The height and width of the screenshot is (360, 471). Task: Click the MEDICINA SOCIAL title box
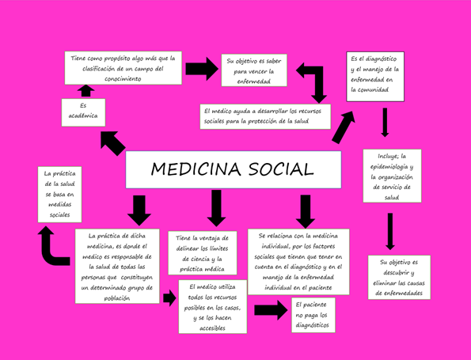click(x=233, y=169)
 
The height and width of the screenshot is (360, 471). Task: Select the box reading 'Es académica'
click(x=83, y=112)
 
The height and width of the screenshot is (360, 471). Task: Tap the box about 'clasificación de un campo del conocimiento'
click(x=123, y=68)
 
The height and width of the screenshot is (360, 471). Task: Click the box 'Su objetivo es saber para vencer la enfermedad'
click(x=254, y=70)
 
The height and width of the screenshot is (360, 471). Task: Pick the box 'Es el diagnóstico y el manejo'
click(x=375, y=77)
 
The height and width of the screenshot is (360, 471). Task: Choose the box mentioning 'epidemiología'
click(x=392, y=176)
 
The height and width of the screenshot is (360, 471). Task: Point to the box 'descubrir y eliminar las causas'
click(x=399, y=277)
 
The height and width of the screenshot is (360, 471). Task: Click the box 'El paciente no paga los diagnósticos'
click(x=313, y=315)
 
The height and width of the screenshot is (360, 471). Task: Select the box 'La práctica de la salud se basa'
click(x=60, y=195)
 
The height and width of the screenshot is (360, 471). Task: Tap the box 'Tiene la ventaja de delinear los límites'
click(x=203, y=253)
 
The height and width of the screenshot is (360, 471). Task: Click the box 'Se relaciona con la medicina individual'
click(x=298, y=262)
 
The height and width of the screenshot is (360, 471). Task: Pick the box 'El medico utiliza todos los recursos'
click(x=213, y=306)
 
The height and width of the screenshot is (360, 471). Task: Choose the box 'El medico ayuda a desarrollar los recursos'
click(x=265, y=116)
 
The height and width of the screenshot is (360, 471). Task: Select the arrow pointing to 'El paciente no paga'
click(x=271, y=310)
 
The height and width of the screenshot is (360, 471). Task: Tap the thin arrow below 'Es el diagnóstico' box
click(x=385, y=123)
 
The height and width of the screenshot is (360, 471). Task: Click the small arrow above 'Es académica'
click(x=86, y=91)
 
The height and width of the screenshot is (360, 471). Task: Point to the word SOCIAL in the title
click(x=281, y=169)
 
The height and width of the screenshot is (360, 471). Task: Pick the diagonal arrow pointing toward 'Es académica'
click(x=112, y=143)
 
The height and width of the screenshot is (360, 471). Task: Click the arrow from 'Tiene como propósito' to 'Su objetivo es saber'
click(x=202, y=69)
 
